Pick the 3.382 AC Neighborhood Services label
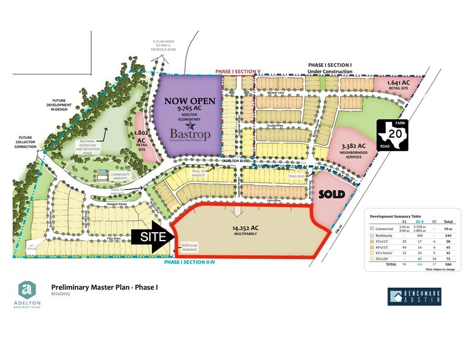348,149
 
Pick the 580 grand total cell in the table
448,265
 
